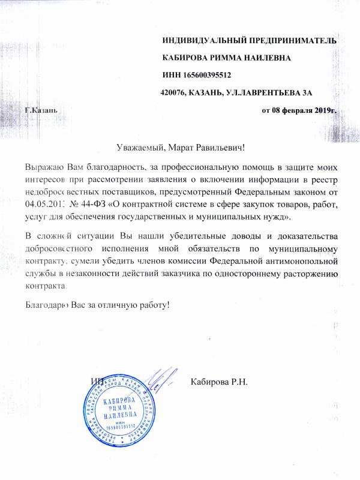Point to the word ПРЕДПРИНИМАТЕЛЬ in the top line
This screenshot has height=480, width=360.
287,40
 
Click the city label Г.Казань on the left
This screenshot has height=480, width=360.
41,111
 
